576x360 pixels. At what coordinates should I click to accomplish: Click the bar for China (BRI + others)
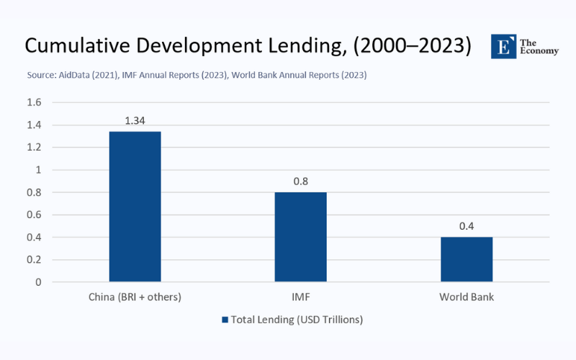(135, 207)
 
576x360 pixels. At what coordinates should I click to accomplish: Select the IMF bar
(300, 237)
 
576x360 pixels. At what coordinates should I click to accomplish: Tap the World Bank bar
(467, 259)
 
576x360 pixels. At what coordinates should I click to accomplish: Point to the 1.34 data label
(135, 120)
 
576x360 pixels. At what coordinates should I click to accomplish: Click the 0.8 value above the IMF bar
(300, 181)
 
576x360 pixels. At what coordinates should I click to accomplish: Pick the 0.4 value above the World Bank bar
(467, 225)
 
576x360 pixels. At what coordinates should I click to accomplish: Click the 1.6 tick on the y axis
(34, 102)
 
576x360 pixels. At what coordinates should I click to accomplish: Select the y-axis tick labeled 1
(38, 170)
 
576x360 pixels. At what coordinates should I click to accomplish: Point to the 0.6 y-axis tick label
(34, 215)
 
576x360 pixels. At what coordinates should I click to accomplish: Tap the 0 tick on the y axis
(38, 282)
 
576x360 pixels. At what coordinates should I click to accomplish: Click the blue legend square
(225, 320)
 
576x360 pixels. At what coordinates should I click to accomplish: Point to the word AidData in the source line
(76, 75)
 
